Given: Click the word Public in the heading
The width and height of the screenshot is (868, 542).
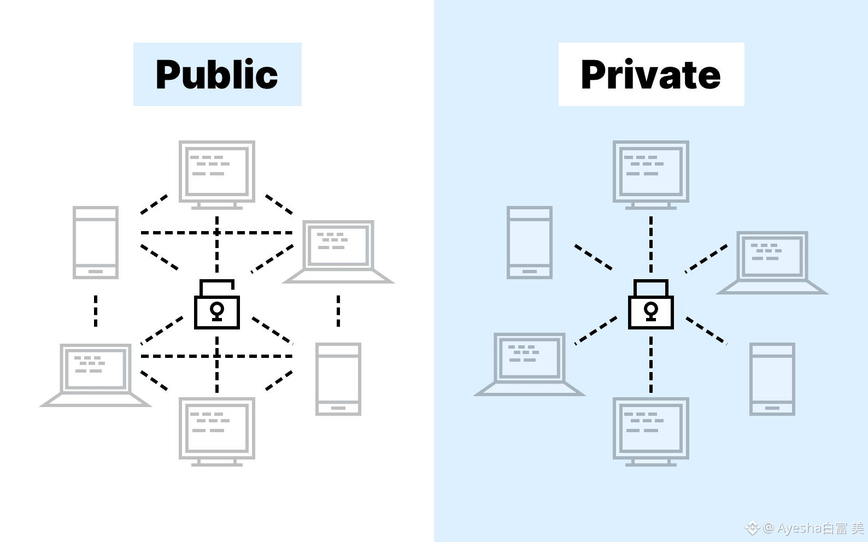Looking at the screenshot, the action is tap(216, 74).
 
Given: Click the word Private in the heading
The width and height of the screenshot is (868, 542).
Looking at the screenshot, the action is tap(650, 74).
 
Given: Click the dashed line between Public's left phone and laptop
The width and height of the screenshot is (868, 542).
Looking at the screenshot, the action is tap(96, 311).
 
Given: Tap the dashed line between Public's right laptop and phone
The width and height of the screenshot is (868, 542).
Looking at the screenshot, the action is tap(338, 311).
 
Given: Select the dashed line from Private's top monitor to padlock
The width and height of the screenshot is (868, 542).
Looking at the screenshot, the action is tap(651, 244).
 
